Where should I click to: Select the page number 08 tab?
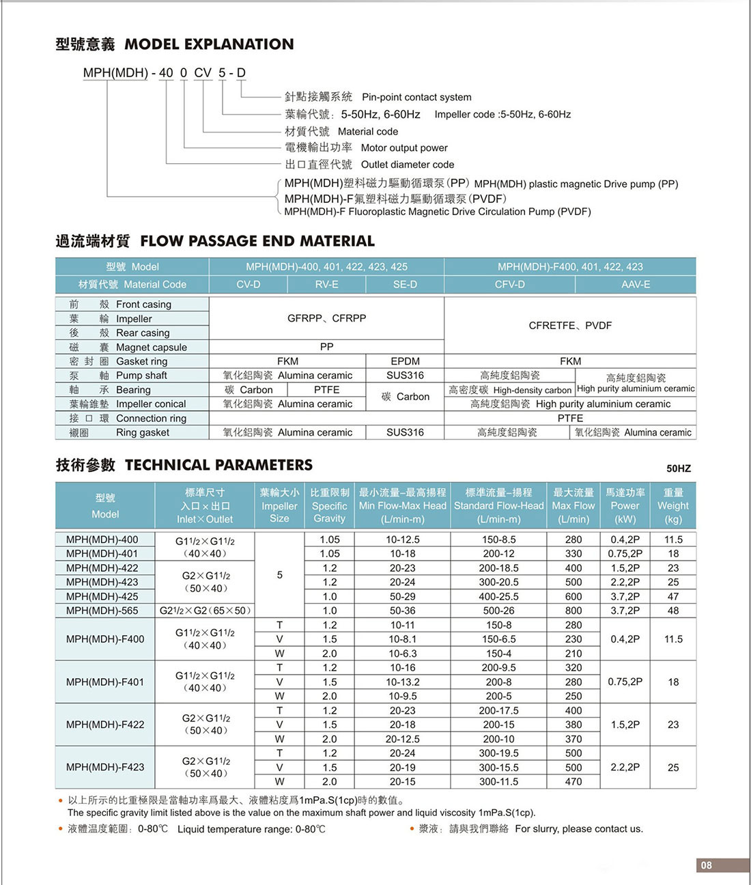(x=706, y=865)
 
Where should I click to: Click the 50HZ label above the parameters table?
(x=678, y=468)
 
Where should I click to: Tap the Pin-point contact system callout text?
(x=416, y=97)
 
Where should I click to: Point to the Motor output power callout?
(x=403, y=147)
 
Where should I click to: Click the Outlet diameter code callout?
(x=407, y=165)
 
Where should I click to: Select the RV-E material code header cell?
(x=326, y=284)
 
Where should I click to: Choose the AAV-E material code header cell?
(x=635, y=284)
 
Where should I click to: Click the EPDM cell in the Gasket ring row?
(x=405, y=361)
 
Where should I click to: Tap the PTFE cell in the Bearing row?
(x=326, y=389)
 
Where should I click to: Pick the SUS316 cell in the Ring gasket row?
(x=405, y=432)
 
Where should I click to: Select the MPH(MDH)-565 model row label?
(x=102, y=610)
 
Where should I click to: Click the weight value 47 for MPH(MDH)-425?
(x=672, y=596)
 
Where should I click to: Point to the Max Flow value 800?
(x=573, y=610)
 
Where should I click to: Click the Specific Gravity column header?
(x=329, y=505)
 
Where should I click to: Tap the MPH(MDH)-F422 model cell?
(x=105, y=725)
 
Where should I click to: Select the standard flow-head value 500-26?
(x=498, y=610)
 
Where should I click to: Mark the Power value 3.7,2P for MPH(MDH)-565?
(x=625, y=610)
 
